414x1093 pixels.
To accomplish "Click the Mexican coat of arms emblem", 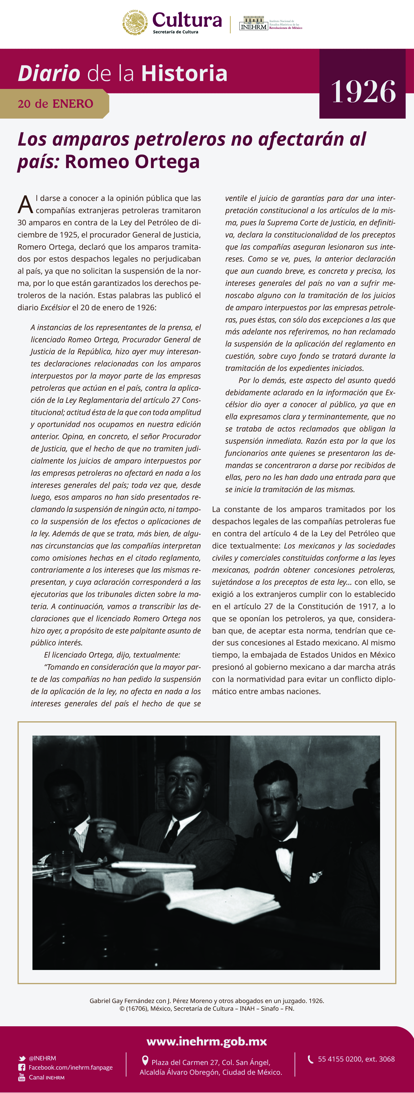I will [135, 23].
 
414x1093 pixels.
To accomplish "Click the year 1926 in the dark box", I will [363, 92].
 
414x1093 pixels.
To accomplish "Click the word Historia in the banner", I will [184, 73].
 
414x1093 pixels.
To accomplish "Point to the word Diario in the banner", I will [49, 73].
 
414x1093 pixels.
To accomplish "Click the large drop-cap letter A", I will [25, 205].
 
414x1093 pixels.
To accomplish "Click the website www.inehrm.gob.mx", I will [207, 1041].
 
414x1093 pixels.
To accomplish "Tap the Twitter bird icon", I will [22, 1058].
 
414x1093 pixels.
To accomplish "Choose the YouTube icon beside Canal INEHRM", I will [22, 1077].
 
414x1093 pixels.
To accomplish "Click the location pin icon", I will [145, 1061].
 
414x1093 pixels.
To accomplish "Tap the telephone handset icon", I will [310, 1059].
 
